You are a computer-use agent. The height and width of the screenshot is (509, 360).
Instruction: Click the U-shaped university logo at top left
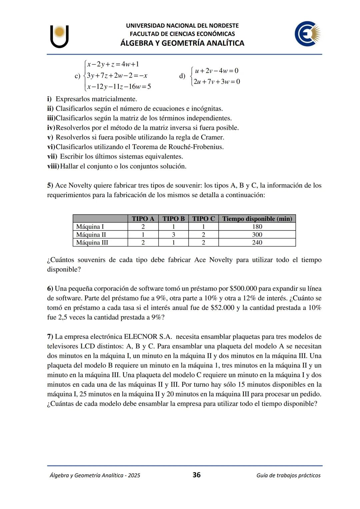point(60,36)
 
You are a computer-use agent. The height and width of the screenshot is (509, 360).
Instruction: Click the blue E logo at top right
point(307,34)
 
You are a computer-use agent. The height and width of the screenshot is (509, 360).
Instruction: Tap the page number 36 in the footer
point(197,475)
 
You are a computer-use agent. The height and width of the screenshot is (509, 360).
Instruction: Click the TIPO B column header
point(173,219)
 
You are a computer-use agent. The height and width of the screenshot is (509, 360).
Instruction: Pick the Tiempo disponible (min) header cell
point(257,219)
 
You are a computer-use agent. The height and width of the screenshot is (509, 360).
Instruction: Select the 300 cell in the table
point(257,235)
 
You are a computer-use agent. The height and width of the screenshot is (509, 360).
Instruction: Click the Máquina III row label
point(92,243)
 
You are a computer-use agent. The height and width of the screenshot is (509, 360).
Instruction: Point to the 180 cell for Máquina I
point(257,227)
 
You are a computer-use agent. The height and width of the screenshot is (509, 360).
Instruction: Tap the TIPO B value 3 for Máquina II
point(173,235)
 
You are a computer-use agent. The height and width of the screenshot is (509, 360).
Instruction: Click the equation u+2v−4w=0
point(216,71)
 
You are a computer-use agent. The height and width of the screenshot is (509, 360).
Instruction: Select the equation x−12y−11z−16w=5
point(119,87)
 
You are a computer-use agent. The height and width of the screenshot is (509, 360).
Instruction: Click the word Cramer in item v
point(212,137)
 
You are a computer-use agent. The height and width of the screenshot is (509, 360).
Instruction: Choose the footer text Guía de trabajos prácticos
point(288,475)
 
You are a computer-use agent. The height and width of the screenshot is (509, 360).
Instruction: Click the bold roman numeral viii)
point(53,166)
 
